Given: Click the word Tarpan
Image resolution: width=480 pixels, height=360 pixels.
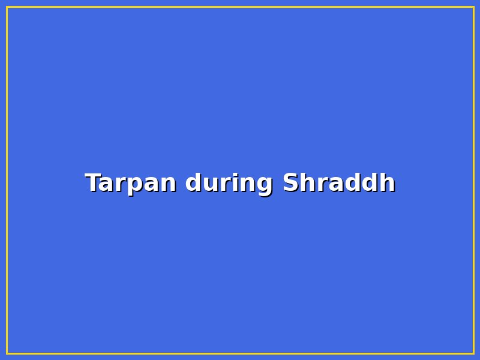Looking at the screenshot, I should (x=130, y=183).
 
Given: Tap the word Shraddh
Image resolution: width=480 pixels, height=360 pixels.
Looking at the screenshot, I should (x=338, y=183).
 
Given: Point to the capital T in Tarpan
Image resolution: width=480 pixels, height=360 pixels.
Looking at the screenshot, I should (x=93, y=183).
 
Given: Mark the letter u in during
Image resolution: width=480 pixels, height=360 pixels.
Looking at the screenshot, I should (x=207, y=184).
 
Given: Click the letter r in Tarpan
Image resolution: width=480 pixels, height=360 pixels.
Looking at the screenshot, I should (x=122, y=184).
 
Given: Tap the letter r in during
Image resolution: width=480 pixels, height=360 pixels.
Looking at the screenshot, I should (x=221, y=184).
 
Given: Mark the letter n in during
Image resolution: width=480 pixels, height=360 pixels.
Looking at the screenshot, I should (x=246, y=184).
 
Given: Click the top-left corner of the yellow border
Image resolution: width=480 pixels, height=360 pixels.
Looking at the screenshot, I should (x=7, y=7).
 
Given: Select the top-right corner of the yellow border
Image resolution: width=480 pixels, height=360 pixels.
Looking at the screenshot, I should (x=473, y=7).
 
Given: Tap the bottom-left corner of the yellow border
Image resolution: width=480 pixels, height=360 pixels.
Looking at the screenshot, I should (x=7, y=353).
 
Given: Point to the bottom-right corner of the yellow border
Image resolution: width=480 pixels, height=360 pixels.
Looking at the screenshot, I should (x=473, y=353).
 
